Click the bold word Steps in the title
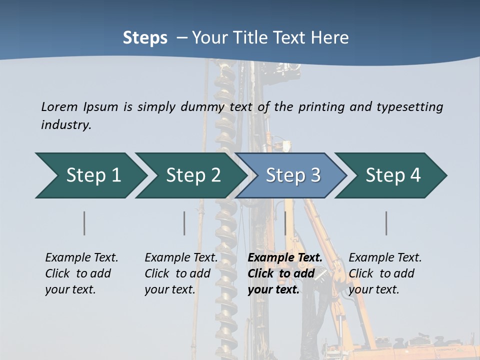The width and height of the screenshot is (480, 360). (145, 38)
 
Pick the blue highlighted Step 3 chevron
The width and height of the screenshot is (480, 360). (293, 175)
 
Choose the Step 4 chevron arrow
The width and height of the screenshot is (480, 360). (393, 175)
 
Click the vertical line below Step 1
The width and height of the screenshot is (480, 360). (84, 223)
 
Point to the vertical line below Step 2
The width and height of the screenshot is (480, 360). (184, 223)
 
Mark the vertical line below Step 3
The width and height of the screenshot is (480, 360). (285, 223)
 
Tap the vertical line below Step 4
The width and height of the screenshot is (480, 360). (386, 223)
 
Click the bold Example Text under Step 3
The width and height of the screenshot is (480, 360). (285, 273)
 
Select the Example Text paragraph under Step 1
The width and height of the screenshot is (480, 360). (81, 273)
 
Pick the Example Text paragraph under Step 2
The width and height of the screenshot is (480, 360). (181, 273)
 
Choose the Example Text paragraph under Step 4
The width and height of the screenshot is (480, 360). (385, 273)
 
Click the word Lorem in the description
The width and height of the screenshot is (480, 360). (59, 107)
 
